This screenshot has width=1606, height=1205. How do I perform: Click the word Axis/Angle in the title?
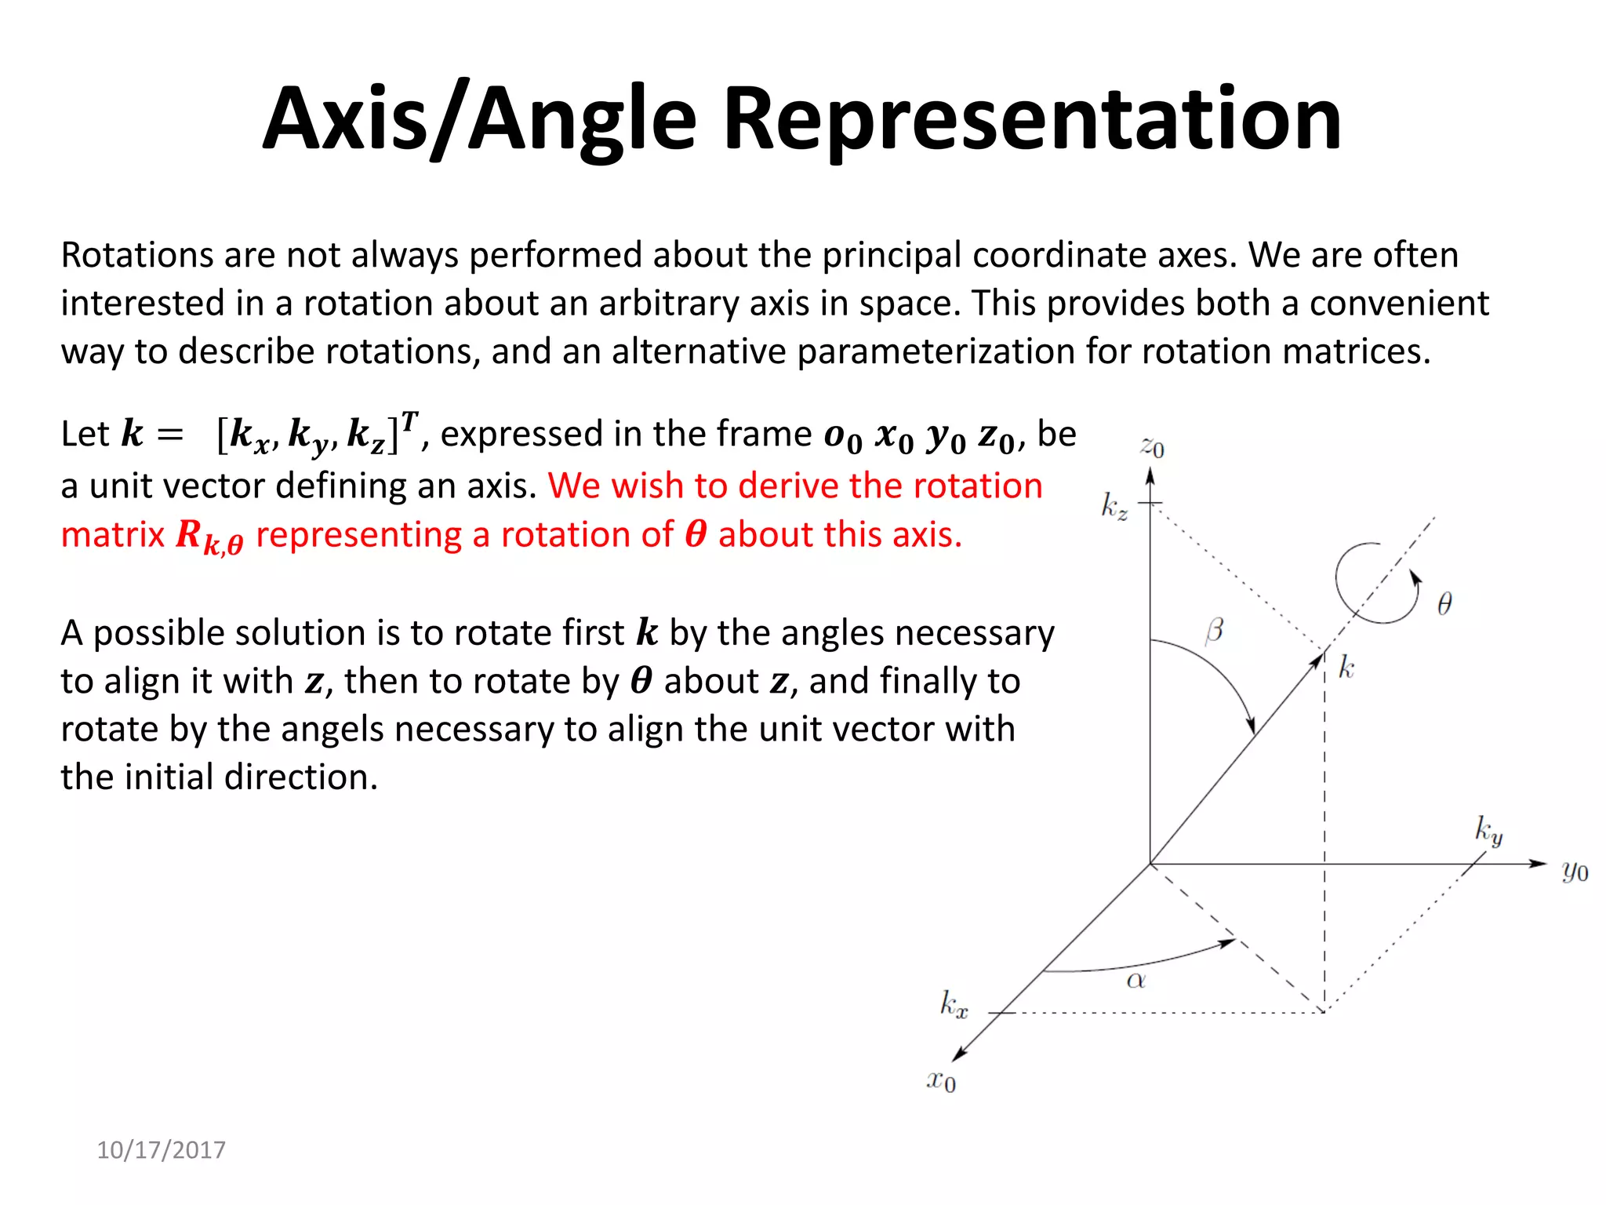pos(479,119)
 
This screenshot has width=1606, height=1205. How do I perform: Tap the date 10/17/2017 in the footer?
pos(161,1149)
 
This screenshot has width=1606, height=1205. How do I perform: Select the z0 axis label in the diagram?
pos(1152,447)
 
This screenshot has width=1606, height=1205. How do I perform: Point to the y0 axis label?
pos(1575,871)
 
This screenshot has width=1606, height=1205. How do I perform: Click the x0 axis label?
pos(941,1080)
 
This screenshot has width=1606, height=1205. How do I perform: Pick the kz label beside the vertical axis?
pos(1114,507)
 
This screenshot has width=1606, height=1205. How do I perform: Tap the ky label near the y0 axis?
pos(1488,829)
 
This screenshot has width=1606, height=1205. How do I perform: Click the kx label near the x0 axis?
pos(954,1004)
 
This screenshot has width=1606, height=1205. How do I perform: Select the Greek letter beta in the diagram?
pos(1214,630)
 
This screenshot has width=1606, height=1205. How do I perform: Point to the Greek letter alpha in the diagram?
pos(1136,980)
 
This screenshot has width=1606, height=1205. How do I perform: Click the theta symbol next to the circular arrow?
pos(1444,603)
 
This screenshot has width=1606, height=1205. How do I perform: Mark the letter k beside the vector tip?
pos(1346,668)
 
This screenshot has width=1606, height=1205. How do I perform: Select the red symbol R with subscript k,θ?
pos(209,537)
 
